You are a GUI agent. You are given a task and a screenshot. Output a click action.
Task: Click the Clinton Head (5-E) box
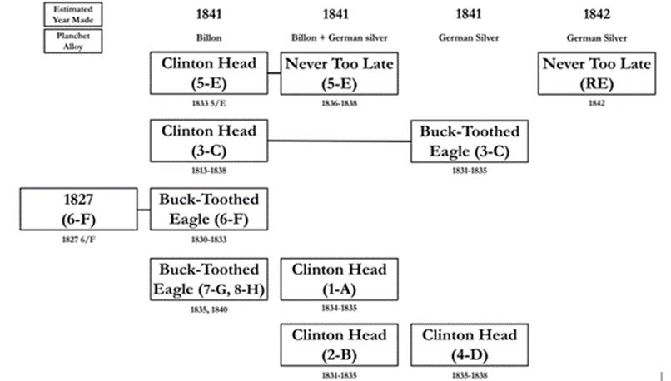tap(210, 72)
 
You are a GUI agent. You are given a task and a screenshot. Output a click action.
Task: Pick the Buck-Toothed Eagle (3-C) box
tap(469, 141)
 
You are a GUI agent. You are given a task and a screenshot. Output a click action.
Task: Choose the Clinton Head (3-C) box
tap(210, 141)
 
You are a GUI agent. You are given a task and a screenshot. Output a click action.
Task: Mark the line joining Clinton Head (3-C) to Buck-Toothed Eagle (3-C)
tap(341, 141)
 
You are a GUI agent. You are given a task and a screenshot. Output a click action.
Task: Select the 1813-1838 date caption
tap(210, 171)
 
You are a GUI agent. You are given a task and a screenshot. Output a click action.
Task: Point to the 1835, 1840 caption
tap(210, 309)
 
